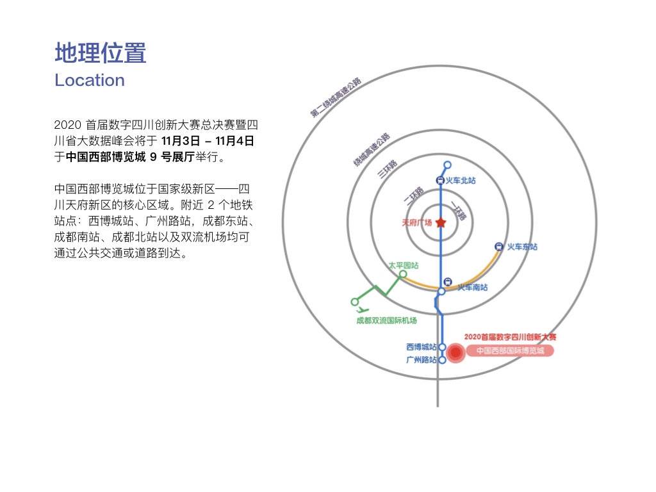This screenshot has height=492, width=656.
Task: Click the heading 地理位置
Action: pos(101,53)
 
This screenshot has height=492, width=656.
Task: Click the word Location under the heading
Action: pos(90,80)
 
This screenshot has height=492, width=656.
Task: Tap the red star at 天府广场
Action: pos(441,222)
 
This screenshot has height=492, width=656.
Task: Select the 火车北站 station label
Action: pos(461,180)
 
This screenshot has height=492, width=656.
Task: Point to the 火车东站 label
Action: pos(522,247)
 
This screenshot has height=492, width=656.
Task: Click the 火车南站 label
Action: pos(472,288)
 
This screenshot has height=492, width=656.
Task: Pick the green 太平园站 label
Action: pos(404,265)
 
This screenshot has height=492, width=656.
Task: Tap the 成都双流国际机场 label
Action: pos(386,320)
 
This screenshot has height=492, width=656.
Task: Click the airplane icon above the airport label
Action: pos(363,310)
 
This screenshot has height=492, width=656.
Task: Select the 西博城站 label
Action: pos(422,347)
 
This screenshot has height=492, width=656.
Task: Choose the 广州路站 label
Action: pos(422,360)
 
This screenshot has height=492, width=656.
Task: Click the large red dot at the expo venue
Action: pos(455,353)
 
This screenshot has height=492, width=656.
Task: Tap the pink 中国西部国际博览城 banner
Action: pos(511,350)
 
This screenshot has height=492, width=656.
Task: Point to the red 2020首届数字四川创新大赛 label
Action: pos(511,337)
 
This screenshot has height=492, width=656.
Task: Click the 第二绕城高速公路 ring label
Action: pos(336,97)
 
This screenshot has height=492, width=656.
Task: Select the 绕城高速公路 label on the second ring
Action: pos(372,150)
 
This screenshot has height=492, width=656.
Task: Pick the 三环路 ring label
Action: pos(388,169)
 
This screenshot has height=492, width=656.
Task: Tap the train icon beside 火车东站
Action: pos(498,247)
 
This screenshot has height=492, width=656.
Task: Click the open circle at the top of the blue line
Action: pos(448,165)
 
